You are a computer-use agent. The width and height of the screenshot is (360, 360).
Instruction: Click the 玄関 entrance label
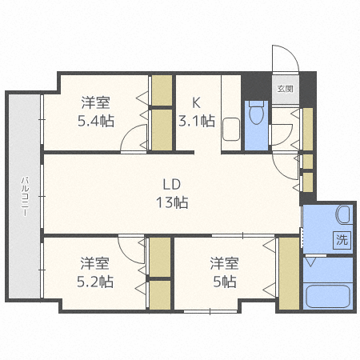coord(286,89)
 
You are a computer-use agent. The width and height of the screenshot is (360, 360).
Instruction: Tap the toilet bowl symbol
coord(256,113)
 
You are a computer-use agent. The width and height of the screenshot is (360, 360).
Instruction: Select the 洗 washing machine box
coord(342,240)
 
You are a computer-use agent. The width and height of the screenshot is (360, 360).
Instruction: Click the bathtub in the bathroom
coord(328,296)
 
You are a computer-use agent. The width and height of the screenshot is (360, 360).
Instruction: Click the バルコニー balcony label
coord(26,197)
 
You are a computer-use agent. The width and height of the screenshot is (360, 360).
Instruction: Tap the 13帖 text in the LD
coord(172,202)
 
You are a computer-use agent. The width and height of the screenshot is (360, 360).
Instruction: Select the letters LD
coord(172,184)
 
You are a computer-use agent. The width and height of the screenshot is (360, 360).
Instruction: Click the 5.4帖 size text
coord(96,121)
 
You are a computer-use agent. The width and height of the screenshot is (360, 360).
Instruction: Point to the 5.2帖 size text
coord(95,282)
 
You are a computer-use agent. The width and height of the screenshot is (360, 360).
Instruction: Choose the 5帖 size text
coord(225,282)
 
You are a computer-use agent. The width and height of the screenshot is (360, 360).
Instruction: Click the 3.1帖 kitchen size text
coord(197,121)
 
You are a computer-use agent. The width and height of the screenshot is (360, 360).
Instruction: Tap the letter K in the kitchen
coord(197,102)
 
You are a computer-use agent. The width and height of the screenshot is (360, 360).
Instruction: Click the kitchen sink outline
coord(231,130)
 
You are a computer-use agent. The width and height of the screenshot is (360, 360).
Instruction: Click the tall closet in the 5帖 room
coord(289,274)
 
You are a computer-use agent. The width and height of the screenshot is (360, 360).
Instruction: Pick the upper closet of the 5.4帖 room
coord(162,90)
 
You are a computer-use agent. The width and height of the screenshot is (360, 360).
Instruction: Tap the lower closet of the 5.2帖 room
coord(160,295)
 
